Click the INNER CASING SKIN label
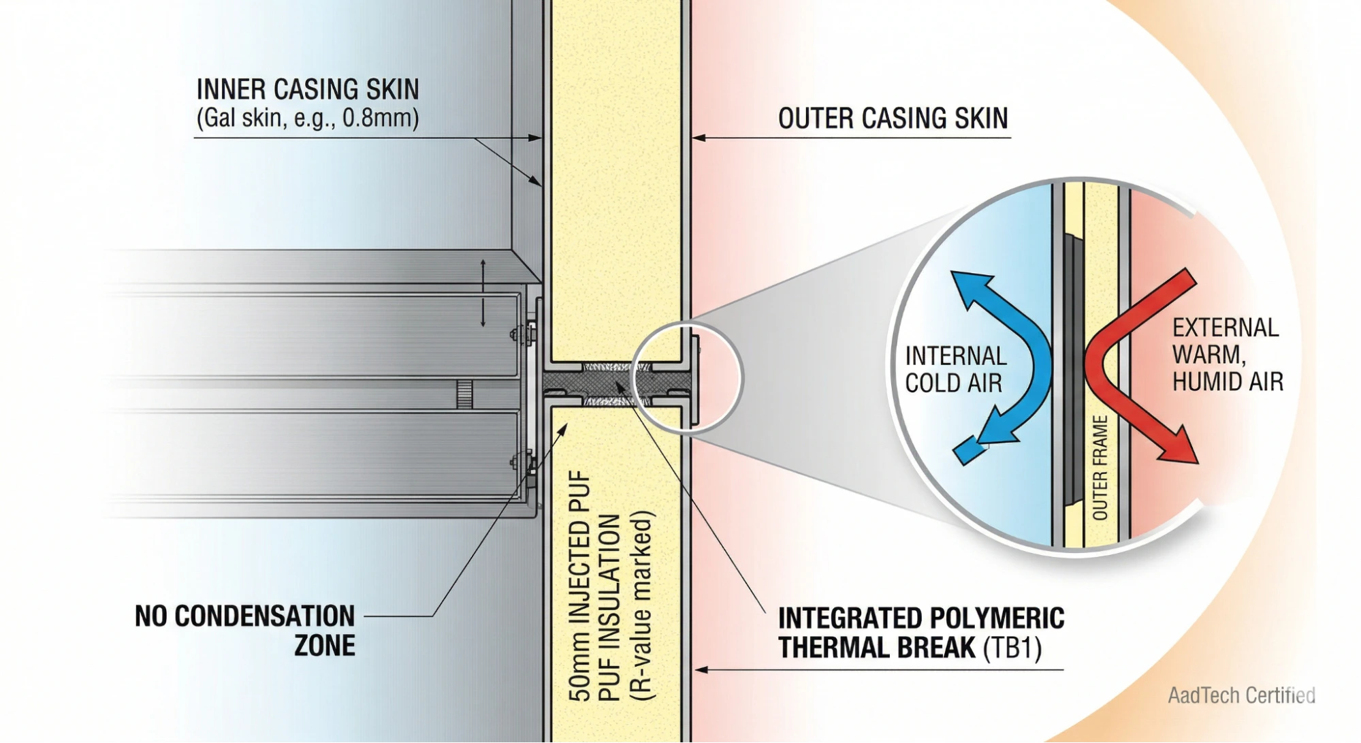point(307,90)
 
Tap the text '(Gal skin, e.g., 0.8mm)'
point(307,118)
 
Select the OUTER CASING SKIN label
point(892,118)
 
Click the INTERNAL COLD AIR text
point(955,370)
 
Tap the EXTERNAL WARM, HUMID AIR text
point(1227,355)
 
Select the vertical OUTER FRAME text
point(1100,468)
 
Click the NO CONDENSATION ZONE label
point(245,630)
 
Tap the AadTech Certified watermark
point(1240,695)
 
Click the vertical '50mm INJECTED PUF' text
point(579,586)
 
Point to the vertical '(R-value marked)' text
point(641,606)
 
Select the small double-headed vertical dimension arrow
point(483,293)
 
